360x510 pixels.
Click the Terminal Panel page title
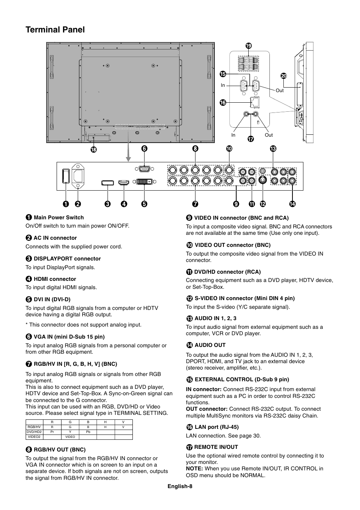click(55, 30)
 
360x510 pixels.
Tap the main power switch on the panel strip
click(66, 176)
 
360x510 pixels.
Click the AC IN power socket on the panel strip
click(78, 176)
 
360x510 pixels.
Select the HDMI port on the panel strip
click(123, 183)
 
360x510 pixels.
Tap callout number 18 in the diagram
click(94, 149)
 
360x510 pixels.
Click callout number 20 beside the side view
click(283, 76)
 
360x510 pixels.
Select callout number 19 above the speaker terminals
click(248, 46)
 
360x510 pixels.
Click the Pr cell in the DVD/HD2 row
click(52, 432)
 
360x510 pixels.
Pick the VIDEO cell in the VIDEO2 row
click(70, 437)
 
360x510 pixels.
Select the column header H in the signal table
click(105, 422)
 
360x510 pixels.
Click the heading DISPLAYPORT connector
click(67, 259)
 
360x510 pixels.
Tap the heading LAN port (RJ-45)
click(217, 427)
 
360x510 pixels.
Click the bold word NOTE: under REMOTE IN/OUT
click(194, 468)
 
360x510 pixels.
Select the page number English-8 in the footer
click(180, 486)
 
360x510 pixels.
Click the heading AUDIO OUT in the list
click(210, 345)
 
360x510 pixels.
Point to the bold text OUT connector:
click(206, 409)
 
